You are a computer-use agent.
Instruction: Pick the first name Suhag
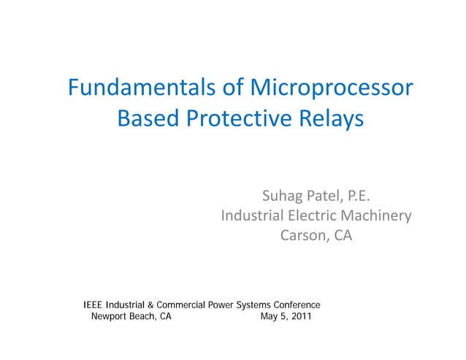pyautogui.click(x=283, y=196)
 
